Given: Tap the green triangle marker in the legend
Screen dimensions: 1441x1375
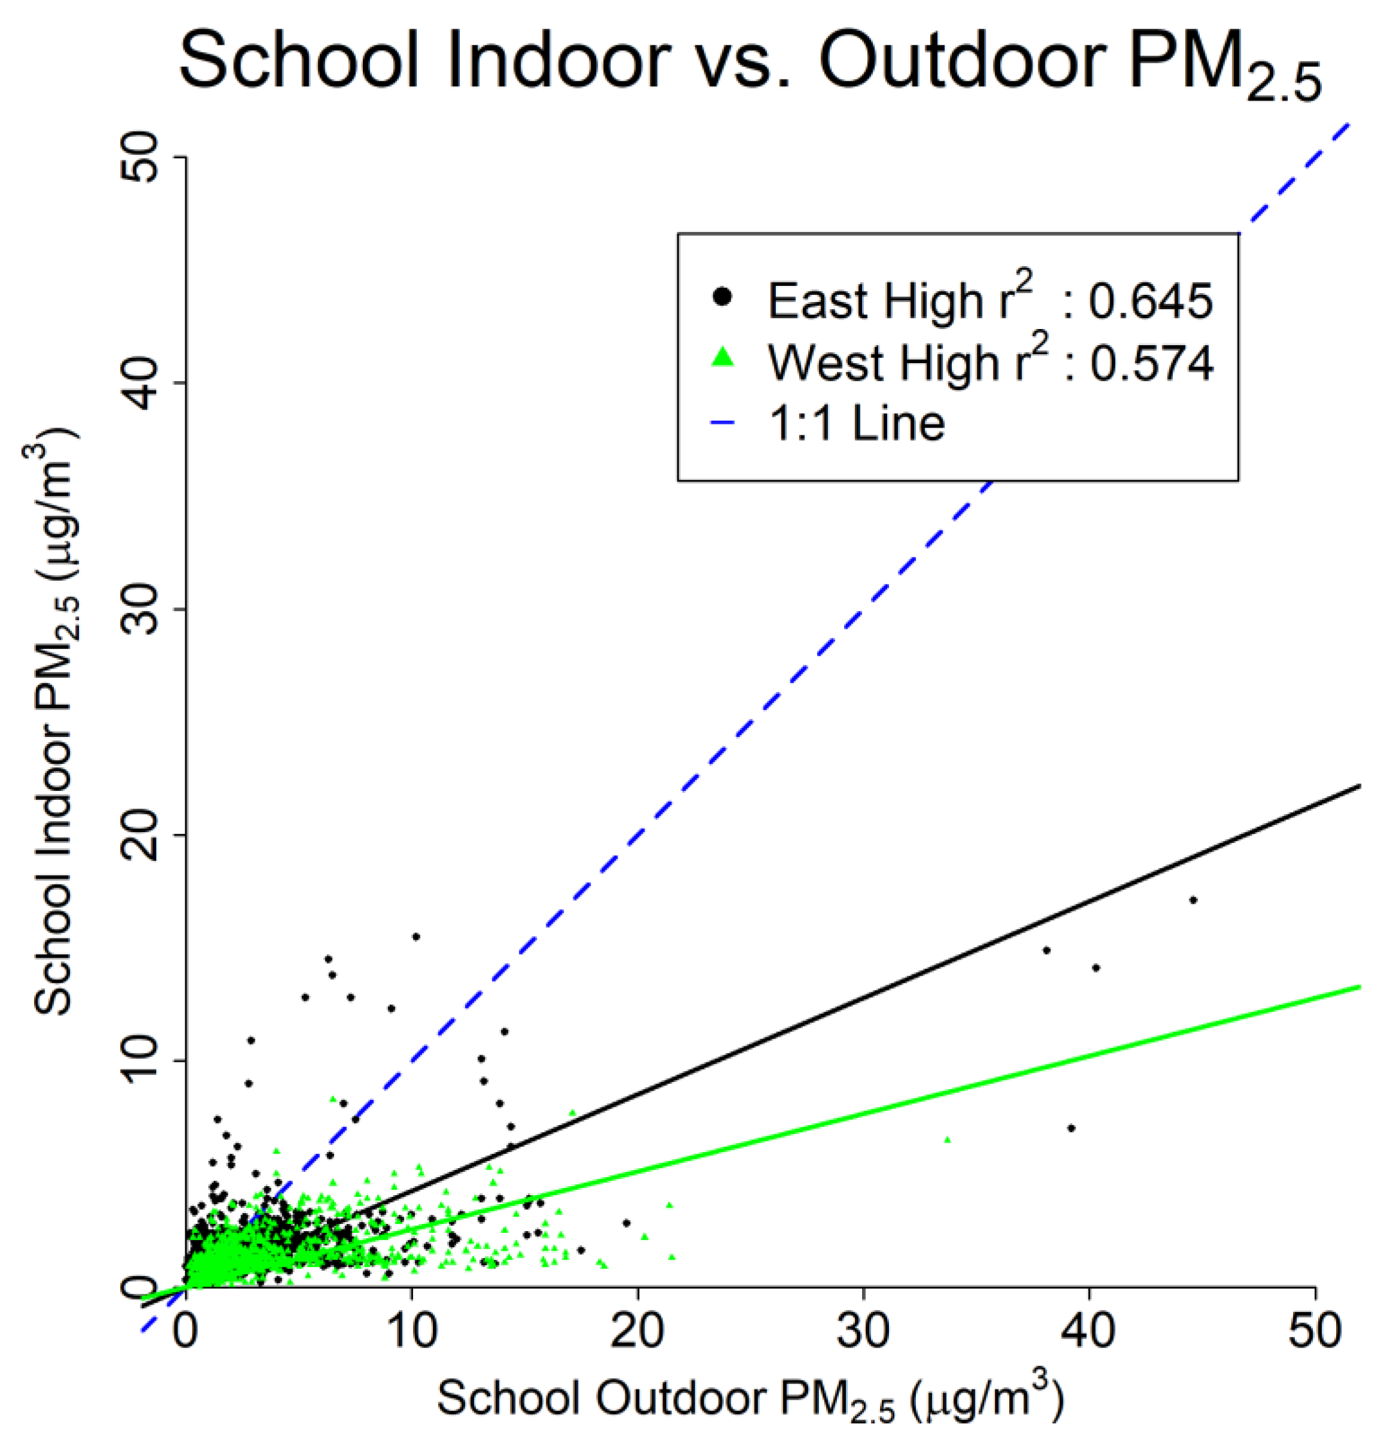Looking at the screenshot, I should (x=723, y=357).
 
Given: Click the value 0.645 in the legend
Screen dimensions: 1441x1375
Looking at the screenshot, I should (x=1150, y=301).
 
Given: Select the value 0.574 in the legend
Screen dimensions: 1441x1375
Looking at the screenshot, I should (x=1151, y=363).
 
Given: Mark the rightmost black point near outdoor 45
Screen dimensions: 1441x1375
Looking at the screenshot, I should (x=1193, y=900).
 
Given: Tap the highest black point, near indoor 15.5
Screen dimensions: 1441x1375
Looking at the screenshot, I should (x=415, y=937).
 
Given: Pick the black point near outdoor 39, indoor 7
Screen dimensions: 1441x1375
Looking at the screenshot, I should (x=1071, y=1129).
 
